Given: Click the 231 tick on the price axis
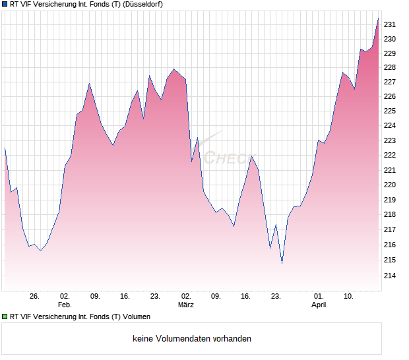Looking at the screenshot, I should (390, 24).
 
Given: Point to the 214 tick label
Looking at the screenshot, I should (390, 276).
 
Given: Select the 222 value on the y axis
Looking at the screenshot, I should (390, 156).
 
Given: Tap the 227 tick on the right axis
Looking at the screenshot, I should (390, 82).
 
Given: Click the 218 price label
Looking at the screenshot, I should (390, 215).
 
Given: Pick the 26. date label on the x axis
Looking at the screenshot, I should (35, 297).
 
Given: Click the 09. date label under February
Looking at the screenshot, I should (95, 297).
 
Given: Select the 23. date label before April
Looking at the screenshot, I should (276, 297).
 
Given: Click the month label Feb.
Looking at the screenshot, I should (65, 305).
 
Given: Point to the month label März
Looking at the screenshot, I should (186, 305).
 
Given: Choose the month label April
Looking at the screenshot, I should (319, 305).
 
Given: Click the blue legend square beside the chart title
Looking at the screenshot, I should (5, 4).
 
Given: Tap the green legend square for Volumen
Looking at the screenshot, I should (5, 316).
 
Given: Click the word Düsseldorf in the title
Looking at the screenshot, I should (142, 4).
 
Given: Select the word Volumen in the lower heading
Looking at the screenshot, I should (136, 316).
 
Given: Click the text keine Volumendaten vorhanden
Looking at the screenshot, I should (192, 339).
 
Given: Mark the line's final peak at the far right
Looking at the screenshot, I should (378, 18).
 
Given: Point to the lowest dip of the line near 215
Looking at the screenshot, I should (282, 263).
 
